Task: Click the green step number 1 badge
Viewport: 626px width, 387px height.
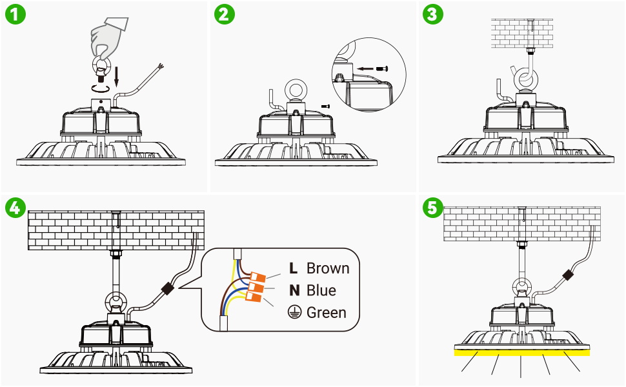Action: pyautogui.click(x=15, y=15)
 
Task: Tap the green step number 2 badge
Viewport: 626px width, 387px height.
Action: pyautogui.click(x=225, y=15)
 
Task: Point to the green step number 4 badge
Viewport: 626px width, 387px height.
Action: pyautogui.click(x=15, y=208)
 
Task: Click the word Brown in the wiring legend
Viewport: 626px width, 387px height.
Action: pyautogui.click(x=328, y=268)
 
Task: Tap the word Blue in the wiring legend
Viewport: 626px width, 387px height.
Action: pyautogui.click(x=321, y=290)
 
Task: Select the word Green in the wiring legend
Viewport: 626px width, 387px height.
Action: pyautogui.click(x=326, y=313)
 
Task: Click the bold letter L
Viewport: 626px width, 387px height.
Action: pyautogui.click(x=294, y=268)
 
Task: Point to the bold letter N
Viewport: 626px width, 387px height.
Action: pyautogui.click(x=294, y=290)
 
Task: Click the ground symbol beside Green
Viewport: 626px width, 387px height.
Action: pyautogui.click(x=294, y=313)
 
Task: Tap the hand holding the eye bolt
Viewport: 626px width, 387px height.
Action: pyautogui.click(x=110, y=35)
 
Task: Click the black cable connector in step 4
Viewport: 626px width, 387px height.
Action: pyautogui.click(x=169, y=288)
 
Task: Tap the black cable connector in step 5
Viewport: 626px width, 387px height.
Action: pyautogui.click(x=569, y=275)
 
